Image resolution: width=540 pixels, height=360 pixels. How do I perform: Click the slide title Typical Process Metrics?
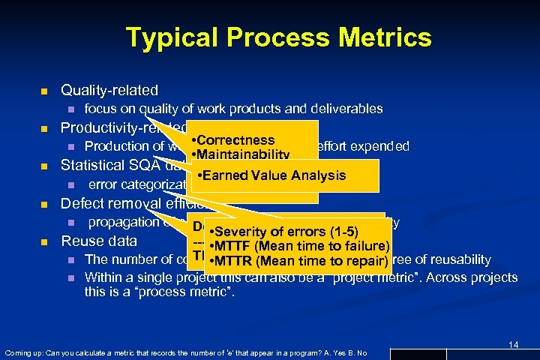[279, 37]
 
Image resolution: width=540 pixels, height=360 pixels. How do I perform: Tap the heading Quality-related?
[109, 91]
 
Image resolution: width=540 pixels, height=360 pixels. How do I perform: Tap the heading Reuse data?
[99, 241]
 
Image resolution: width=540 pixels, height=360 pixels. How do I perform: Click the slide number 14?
[513, 344]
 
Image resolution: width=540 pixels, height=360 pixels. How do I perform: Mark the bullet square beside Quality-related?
[43, 91]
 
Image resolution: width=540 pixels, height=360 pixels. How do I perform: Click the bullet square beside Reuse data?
[43, 241]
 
